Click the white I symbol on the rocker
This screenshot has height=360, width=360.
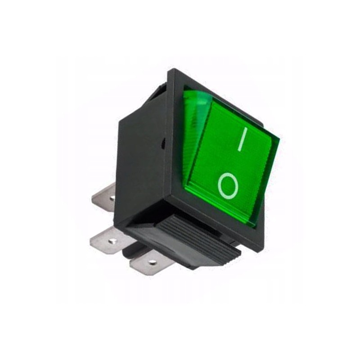(x=241, y=139)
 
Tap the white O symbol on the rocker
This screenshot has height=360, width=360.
(x=227, y=184)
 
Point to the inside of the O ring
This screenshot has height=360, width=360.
(x=227, y=185)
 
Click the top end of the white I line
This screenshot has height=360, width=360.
(x=245, y=130)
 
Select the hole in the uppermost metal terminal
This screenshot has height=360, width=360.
(x=112, y=198)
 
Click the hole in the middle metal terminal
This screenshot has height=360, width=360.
(x=112, y=241)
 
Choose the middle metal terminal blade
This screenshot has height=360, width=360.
(x=108, y=239)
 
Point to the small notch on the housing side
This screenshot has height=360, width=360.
(x=163, y=143)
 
